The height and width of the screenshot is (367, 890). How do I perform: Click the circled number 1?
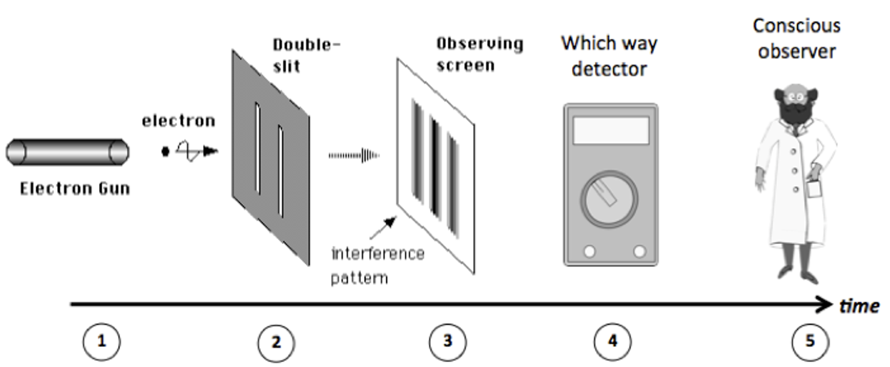click(101, 342)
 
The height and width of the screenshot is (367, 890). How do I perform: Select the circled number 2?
click(276, 343)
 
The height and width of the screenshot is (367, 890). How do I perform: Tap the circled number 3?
click(448, 342)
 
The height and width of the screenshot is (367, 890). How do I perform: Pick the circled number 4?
click(612, 342)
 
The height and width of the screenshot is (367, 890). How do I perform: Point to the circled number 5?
click(810, 342)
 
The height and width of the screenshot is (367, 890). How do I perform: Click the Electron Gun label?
click(75, 189)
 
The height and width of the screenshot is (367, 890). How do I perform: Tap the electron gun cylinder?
click(67, 152)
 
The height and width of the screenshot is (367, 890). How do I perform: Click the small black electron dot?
click(165, 151)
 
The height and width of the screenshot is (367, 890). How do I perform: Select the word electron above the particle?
click(179, 121)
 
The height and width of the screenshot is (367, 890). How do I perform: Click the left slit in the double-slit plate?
click(258, 149)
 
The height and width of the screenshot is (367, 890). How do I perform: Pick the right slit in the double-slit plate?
click(281, 171)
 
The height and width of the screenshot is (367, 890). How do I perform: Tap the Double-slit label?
click(307, 56)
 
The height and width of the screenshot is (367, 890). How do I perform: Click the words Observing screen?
click(480, 54)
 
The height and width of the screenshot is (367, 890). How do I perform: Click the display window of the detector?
click(611, 130)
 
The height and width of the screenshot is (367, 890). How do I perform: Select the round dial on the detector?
click(609, 199)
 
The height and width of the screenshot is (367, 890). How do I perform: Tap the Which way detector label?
click(609, 56)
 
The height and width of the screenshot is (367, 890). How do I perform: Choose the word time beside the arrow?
click(859, 306)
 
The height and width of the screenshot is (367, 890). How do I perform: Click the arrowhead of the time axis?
click(825, 304)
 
